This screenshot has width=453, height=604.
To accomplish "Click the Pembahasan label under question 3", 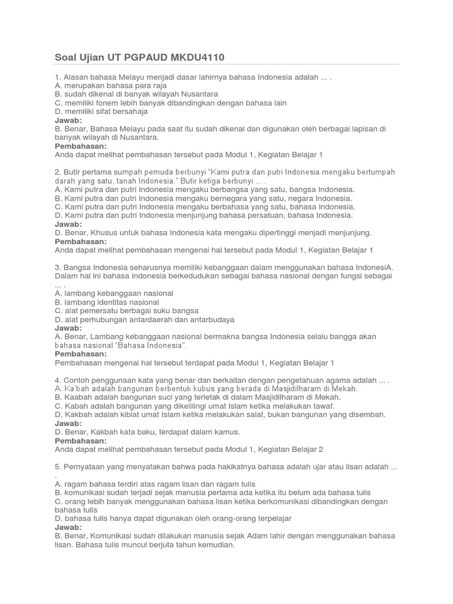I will [81, 353].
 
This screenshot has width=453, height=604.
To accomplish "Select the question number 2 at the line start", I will [57, 172].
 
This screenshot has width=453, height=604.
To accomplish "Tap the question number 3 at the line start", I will [57, 267].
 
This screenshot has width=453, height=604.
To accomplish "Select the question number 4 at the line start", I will [57, 380].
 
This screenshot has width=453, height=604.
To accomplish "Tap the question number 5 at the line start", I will [57, 467].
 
